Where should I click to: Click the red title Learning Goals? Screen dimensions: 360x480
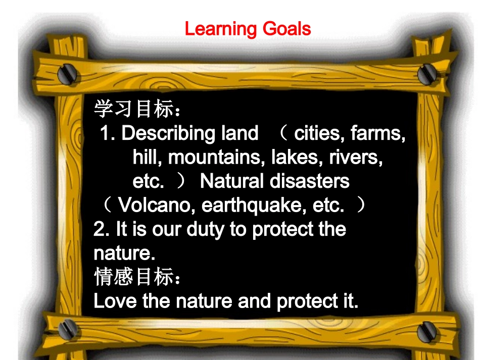click(248, 29)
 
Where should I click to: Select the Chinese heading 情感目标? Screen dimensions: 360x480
click(133, 277)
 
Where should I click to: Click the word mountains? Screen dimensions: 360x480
click(217, 158)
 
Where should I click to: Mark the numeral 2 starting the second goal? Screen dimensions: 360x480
click(99, 230)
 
